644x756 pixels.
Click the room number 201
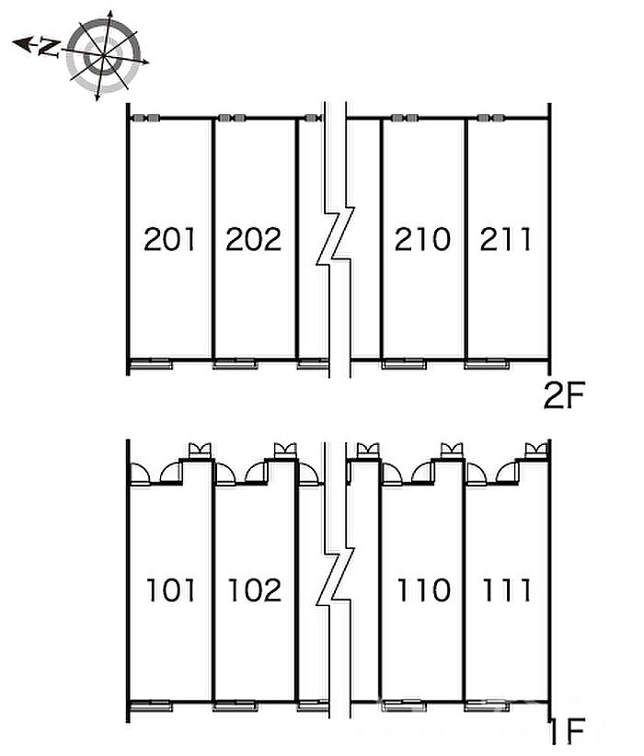pos(170,240)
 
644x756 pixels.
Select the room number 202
pos(253,240)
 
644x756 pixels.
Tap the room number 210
pos(422,240)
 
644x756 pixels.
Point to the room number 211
pos(506,240)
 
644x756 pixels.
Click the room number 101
pos(170,590)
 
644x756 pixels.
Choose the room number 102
pos(253,590)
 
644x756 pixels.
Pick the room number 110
pos(422,590)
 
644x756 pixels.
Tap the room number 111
pos(506,590)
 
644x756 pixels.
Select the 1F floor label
pos(569,733)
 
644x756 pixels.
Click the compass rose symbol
pos(104,54)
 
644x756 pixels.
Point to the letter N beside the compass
pos(49,48)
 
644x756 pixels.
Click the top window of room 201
pos(146,119)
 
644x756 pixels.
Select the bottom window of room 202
pos(234,364)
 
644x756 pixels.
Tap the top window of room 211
pos(489,119)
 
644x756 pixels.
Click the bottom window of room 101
pos(151,705)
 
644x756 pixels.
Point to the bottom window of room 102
pos(234,705)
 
